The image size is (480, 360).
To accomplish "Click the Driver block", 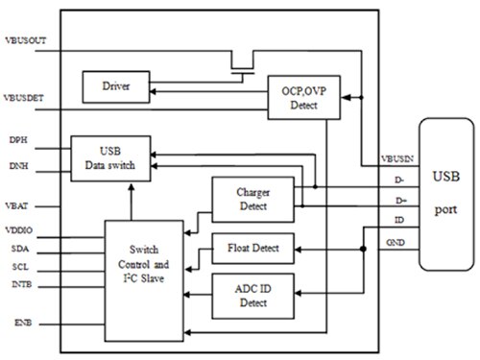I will (115, 87).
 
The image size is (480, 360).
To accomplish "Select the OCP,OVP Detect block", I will (299, 97).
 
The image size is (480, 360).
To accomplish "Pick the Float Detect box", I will (252, 249).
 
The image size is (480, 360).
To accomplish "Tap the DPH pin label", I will (16, 141).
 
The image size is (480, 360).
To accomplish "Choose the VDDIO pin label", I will (20, 230).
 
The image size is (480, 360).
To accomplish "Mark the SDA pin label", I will (16, 249).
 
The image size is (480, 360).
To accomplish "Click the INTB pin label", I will (17, 283).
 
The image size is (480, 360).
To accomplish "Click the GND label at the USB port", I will (396, 243).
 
